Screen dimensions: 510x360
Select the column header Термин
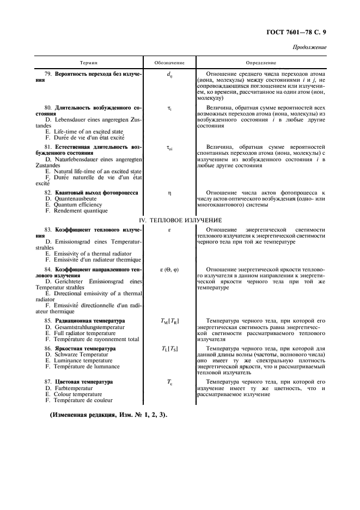89,63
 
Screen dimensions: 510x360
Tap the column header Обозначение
169,63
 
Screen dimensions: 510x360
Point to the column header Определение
261,63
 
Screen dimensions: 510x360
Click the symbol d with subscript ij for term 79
169,74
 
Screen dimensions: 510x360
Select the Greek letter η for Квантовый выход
169,193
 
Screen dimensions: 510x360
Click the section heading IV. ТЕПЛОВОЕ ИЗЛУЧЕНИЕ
180,220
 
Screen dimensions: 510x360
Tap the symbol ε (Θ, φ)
169,270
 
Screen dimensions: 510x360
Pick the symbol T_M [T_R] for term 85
169,321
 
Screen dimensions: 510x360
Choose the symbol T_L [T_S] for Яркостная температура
169,348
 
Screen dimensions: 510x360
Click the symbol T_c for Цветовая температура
169,383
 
